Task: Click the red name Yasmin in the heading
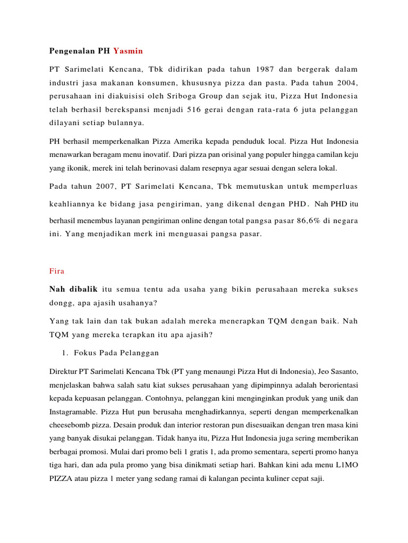tap(128, 51)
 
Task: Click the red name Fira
tap(57, 271)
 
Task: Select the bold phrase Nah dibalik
tap(74, 290)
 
